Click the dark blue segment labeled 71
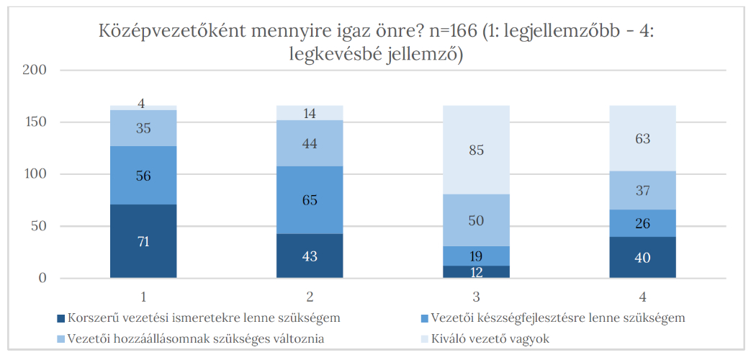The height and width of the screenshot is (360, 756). [143, 241]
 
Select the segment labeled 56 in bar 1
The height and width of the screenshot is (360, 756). [143, 175]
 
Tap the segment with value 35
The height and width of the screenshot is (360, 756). [143, 128]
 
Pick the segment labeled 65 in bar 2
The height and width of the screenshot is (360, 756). [310, 199]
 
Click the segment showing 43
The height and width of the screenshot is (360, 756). [310, 256]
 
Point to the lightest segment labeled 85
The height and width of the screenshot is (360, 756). [476, 150]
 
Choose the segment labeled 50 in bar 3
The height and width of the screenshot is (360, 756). [476, 220]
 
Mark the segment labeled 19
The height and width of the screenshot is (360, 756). [476, 256]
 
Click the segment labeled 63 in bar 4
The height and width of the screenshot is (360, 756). [642, 138]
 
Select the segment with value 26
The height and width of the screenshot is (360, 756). [642, 223]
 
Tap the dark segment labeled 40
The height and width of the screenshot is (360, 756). [642, 257]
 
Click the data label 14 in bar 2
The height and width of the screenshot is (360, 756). [310, 113]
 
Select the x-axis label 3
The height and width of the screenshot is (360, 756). [476, 296]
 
